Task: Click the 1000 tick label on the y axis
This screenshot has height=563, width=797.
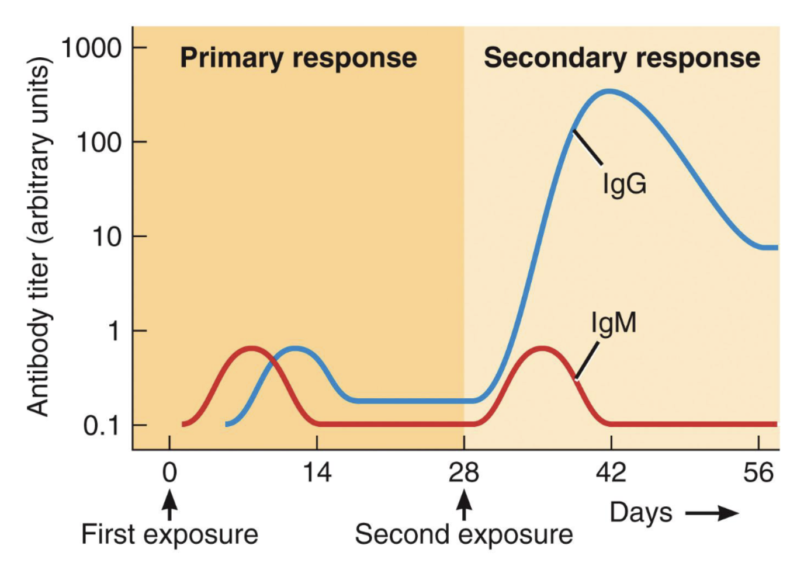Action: tap(91, 48)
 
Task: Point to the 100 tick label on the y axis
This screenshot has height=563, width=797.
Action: tap(99, 142)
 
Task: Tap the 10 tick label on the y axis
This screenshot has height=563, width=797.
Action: tap(107, 237)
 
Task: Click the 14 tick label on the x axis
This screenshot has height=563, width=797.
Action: tap(317, 472)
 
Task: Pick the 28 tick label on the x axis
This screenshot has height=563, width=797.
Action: tap(464, 472)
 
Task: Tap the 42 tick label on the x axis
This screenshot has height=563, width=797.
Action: tap(611, 472)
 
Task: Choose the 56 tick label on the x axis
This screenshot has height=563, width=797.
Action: tap(758, 472)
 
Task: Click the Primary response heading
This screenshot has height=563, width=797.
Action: tap(298, 58)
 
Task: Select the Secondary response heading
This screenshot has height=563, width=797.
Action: tap(622, 58)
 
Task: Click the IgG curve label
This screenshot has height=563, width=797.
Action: tap(625, 184)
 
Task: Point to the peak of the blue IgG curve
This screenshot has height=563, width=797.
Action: tap(609, 91)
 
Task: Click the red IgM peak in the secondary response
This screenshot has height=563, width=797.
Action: tap(543, 348)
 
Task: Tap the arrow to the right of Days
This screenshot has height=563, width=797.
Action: tap(712, 513)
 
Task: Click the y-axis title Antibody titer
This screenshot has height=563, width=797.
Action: tap(38, 237)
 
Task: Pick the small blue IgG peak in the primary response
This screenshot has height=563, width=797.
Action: tap(296, 348)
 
